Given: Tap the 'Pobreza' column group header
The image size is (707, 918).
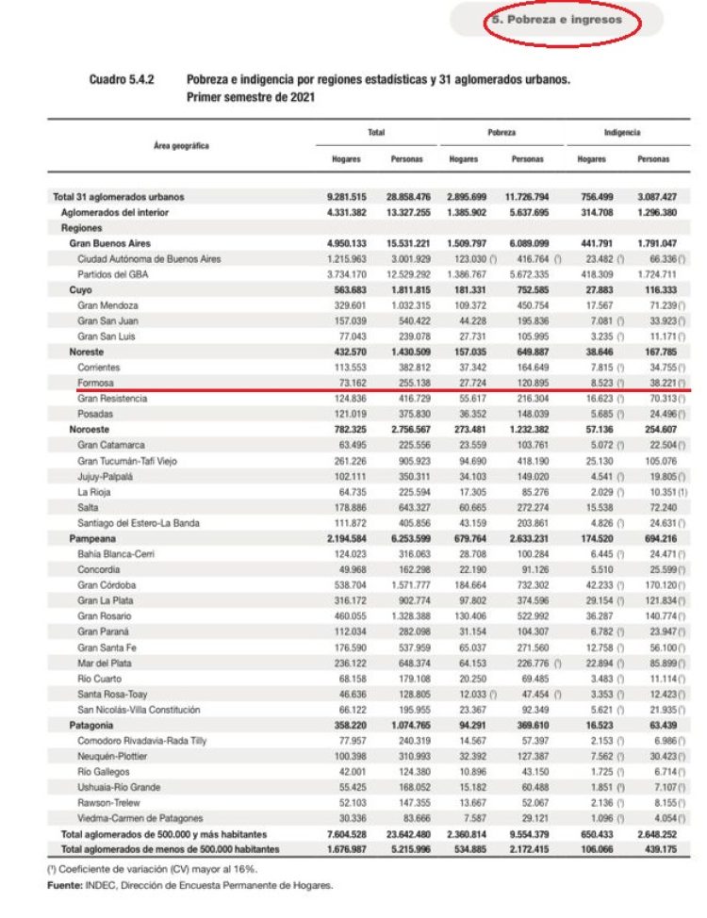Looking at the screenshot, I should point(501,133).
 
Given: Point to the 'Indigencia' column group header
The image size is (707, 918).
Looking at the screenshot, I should point(622,133).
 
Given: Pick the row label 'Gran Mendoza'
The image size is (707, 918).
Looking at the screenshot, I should point(107,306).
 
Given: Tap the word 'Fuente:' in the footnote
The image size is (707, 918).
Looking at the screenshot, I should point(63,885).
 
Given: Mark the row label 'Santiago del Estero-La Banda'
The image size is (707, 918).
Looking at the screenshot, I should point(139,523).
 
